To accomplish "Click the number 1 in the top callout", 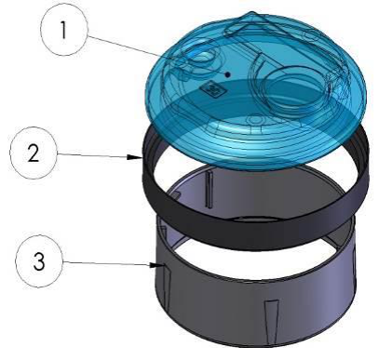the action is click(63, 30).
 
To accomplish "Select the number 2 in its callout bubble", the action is click(34, 153).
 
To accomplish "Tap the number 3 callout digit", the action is click(39, 261).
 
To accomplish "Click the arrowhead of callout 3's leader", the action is click(156, 265).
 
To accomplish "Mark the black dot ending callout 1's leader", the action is click(228, 74).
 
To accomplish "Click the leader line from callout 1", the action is click(157, 55).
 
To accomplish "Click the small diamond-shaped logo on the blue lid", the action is click(212, 89).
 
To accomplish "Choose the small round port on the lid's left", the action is click(201, 57).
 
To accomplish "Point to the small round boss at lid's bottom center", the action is click(254, 120).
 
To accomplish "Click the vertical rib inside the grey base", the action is click(210, 190).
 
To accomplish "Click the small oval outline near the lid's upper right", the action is click(310, 35).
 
